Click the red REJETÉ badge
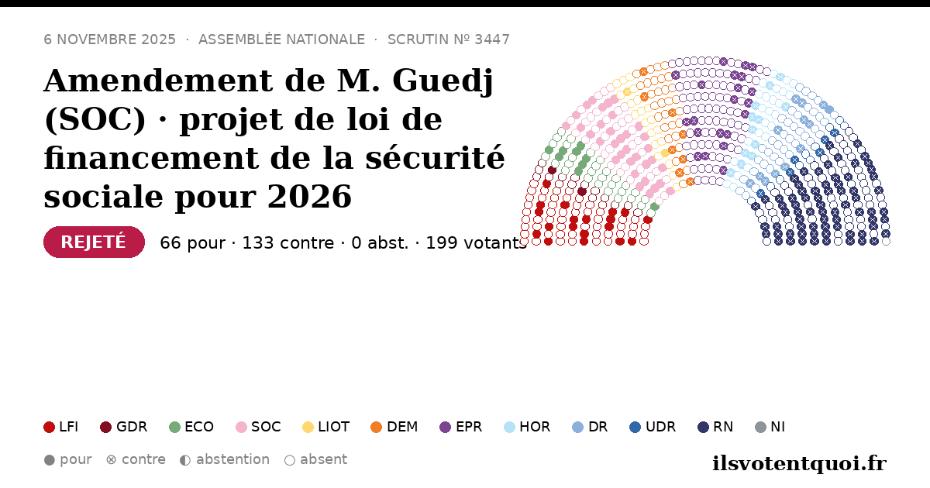point(95,242)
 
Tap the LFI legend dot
point(49,427)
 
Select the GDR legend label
point(132,427)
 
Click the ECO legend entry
point(191,427)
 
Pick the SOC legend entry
point(258,427)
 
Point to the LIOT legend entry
point(326,427)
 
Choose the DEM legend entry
point(394,427)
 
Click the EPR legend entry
point(461,427)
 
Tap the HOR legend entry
point(527,427)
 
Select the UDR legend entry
point(653,427)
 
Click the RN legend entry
point(715,427)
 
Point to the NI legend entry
point(770,427)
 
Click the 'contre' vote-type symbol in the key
point(111,460)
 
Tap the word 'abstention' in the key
point(233,459)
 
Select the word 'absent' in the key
point(323,459)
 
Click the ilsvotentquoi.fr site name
point(800,463)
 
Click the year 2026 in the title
point(310,196)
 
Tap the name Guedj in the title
point(443,81)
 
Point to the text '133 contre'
point(288,242)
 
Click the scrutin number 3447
point(492,40)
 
